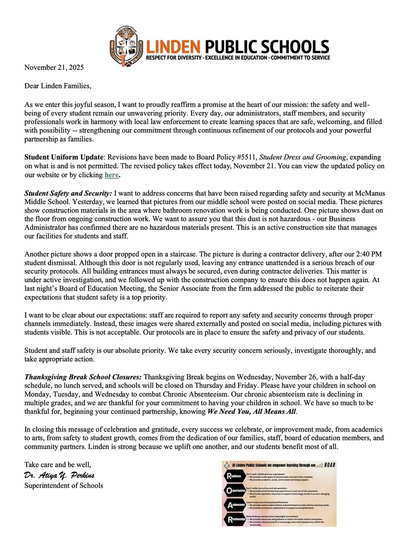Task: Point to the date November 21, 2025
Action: point(54,67)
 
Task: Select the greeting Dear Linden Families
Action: point(59,84)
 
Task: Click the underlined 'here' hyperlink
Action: point(111,175)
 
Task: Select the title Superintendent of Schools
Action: point(63,485)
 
